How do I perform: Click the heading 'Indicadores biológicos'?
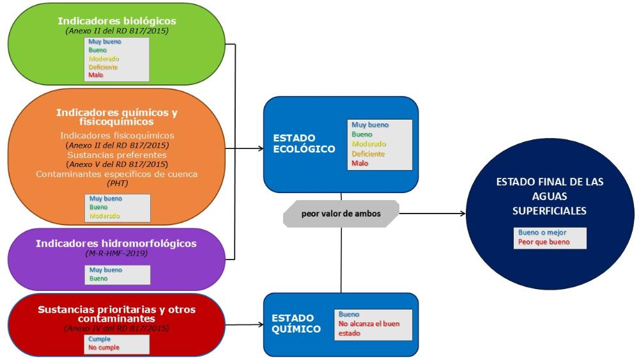(x=116, y=20)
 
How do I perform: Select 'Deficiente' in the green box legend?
(x=103, y=67)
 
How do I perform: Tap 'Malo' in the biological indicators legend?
(x=96, y=75)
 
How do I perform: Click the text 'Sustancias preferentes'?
(x=116, y=154)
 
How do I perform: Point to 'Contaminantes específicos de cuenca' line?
(x=116, y=174)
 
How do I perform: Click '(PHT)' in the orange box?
(x=116, y=183)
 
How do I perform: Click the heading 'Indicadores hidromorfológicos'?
(x=116, y=244)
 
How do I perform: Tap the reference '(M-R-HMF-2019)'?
(x=116, y=254)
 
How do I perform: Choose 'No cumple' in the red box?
(x=104, y=347)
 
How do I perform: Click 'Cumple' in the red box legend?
(x=100, y=340)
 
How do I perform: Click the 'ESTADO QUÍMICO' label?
(x=295, y=324)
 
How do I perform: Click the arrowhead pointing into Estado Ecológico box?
(x=261, y=148)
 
